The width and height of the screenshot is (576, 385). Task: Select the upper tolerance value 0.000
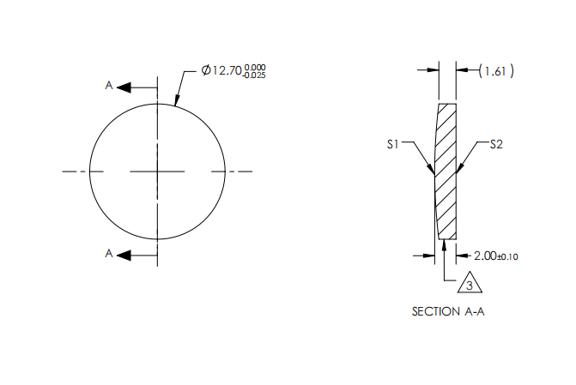(255, 66)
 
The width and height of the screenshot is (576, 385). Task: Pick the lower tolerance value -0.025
(254, 75)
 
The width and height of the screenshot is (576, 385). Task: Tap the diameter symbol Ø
(206, 70)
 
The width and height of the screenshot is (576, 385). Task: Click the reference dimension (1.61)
(496, 72)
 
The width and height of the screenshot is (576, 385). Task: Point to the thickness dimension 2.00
(486, 255)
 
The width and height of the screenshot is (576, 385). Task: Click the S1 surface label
(394, 145)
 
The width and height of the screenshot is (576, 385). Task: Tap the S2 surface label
(495, 145)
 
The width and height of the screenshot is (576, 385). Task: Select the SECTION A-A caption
(447, 311)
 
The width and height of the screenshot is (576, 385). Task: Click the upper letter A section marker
(109, 86)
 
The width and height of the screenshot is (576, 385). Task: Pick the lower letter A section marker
(109, 254)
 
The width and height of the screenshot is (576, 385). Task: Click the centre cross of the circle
(157, 171)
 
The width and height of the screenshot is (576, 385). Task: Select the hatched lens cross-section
(446, 171)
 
